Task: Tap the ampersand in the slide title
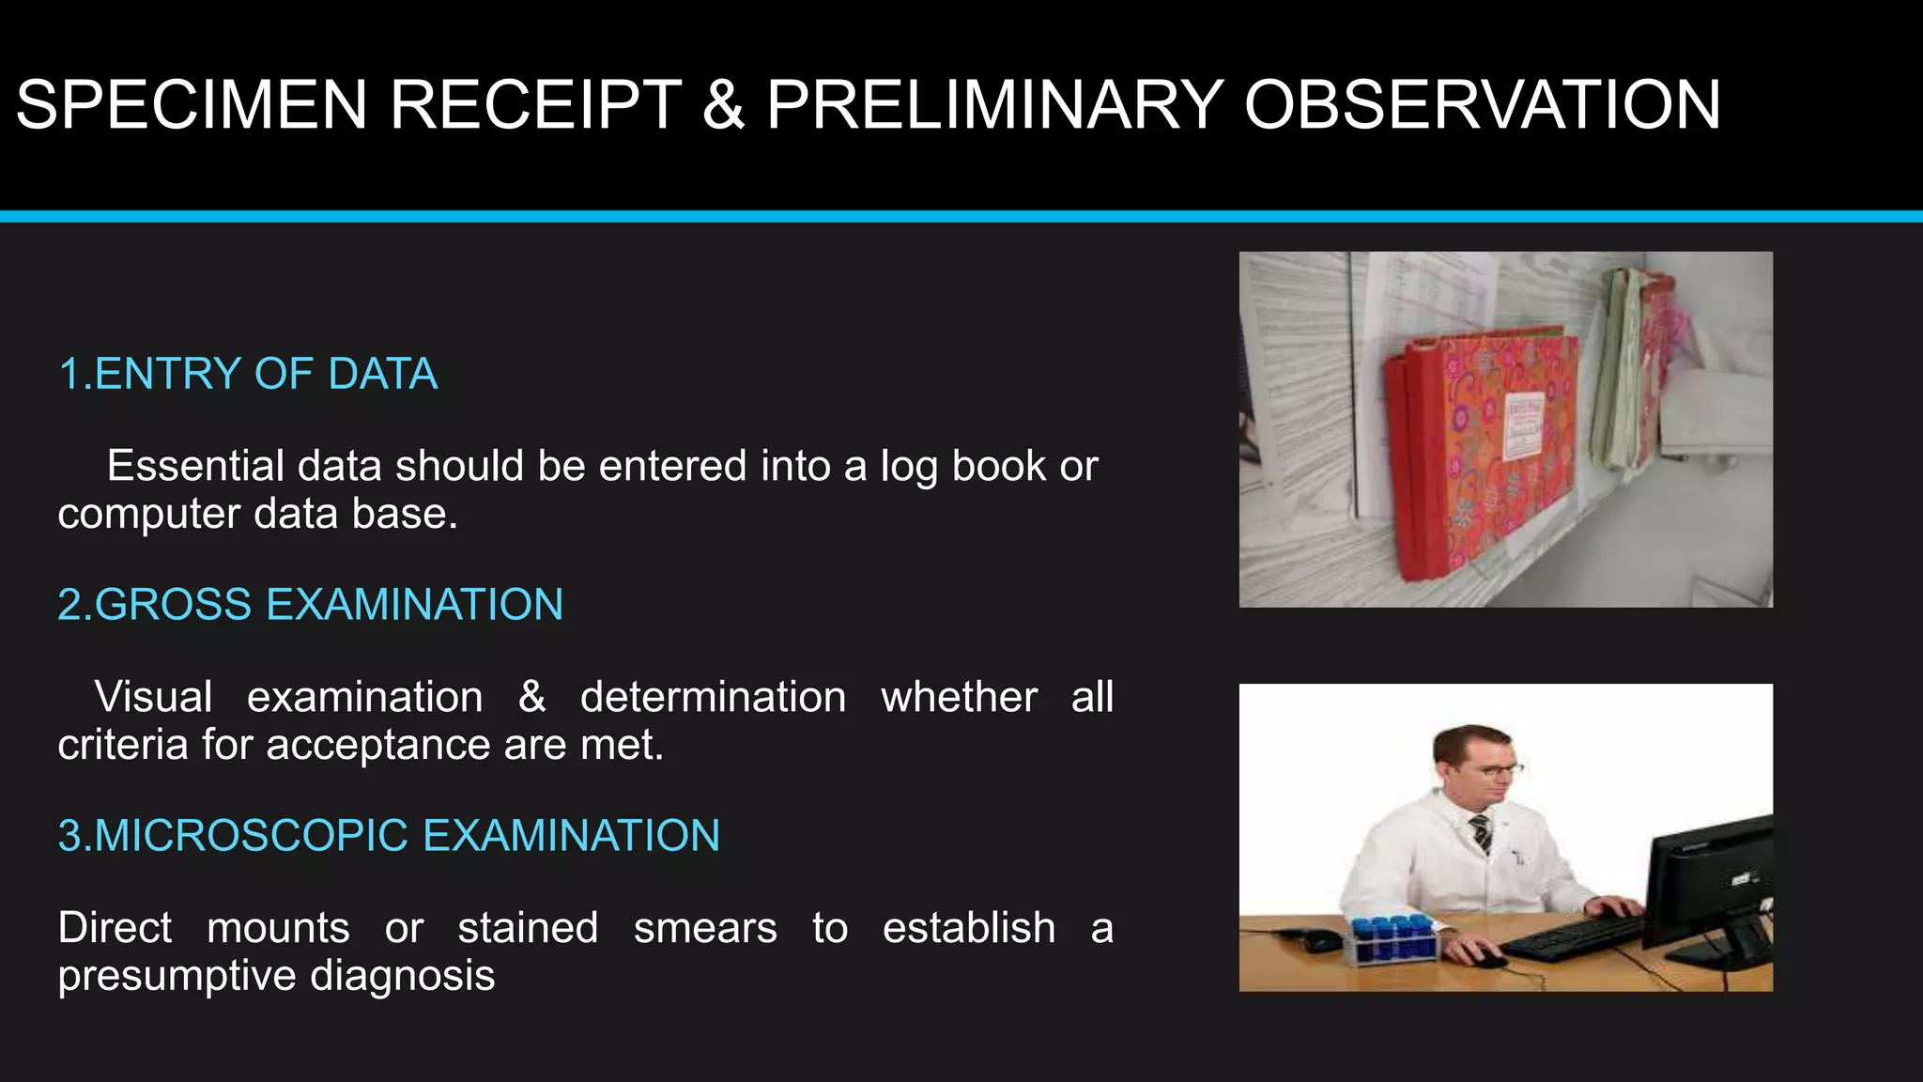tap(723, 104)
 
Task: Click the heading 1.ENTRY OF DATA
tap(248, 374)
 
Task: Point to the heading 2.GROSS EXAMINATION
tap(310, 604)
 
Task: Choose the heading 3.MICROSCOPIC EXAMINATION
tap(389, 835)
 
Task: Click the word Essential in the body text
tap(195, 466)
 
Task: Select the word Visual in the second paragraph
tap(153, 697)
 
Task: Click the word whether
tap(959, 697)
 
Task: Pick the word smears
tap(705, 928)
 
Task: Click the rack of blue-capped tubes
tap(1393, 939)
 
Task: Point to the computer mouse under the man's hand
tap(1487, 960)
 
